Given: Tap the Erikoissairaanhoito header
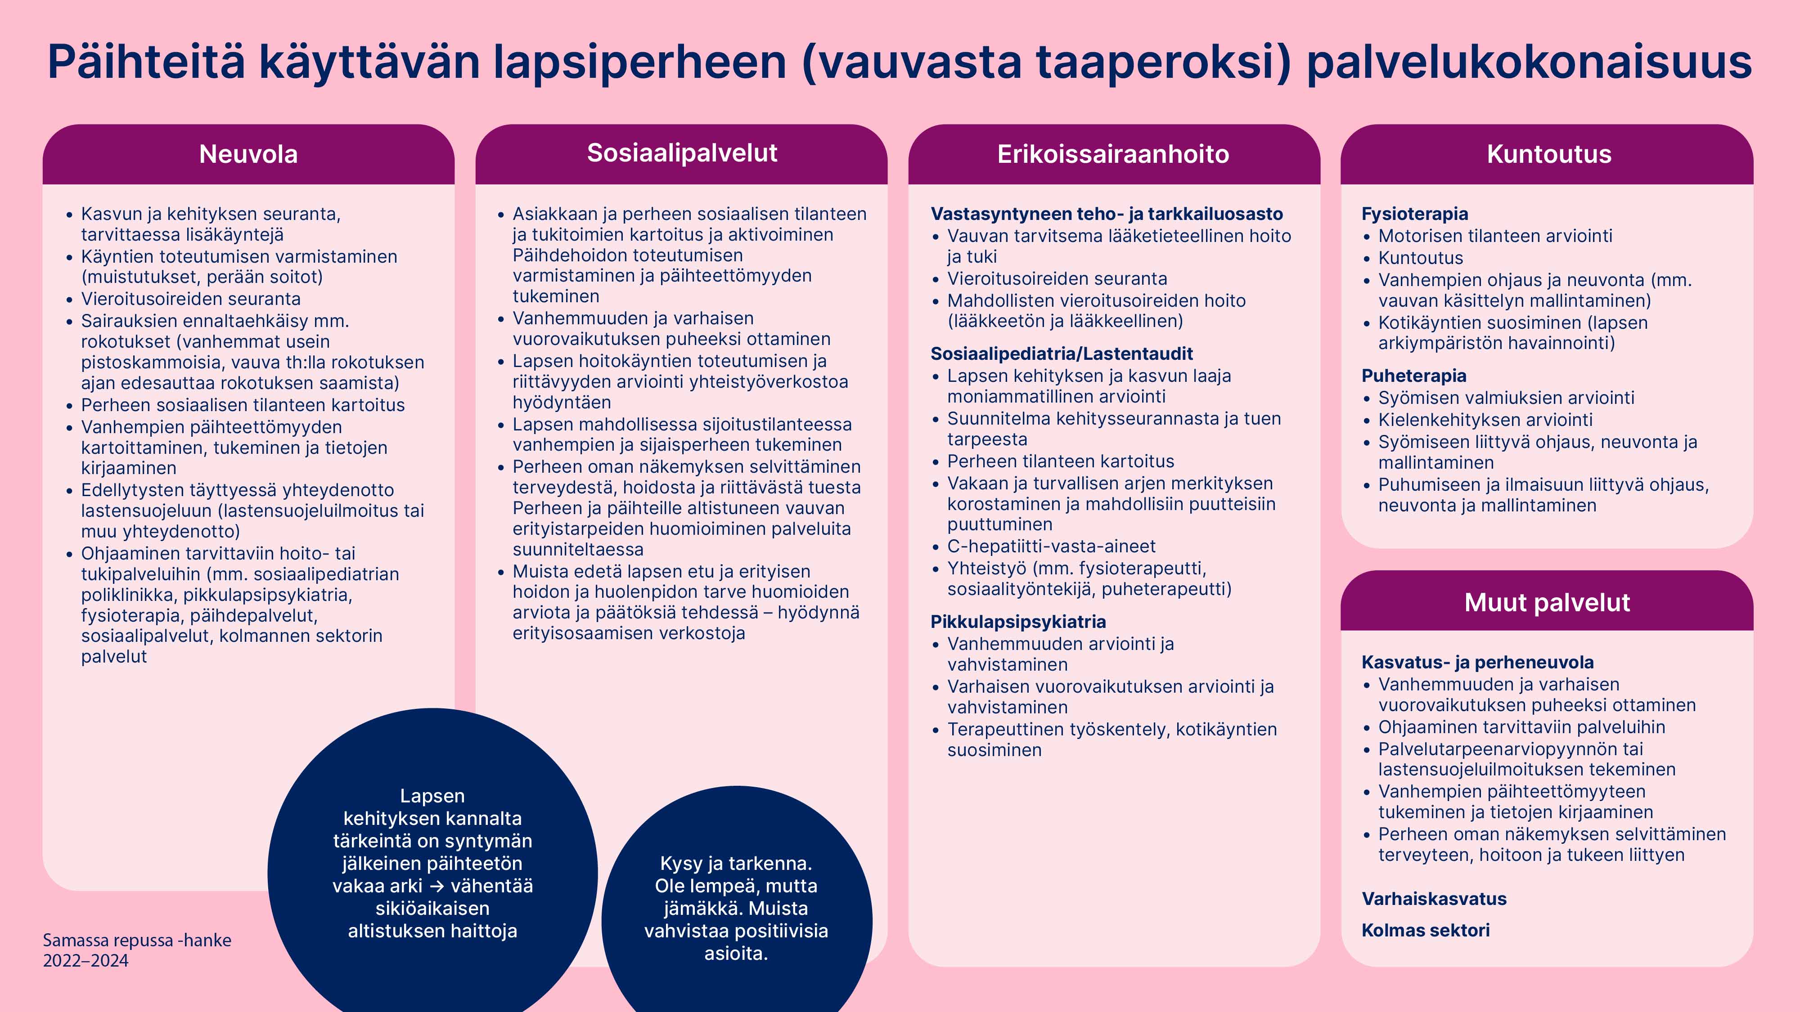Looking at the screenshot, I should point(1113,154).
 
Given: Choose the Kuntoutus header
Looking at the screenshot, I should point(1548,154).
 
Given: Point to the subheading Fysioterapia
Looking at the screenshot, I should point(1414,214).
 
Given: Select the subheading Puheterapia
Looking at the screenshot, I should point(1413,376).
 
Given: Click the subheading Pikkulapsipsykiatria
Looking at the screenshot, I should point(1018,622).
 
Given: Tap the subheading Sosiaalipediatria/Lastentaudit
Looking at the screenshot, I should point(1062,354).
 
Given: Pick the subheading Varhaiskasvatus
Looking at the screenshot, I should point(1434,899).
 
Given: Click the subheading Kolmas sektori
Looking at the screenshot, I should point(1426,930).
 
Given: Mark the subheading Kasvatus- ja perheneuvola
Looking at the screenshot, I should point(1477,662).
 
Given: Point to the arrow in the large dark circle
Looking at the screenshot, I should point(436,886).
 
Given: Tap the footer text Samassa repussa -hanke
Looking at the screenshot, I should point(137,940).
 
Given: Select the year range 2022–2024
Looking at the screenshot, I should point(86,961).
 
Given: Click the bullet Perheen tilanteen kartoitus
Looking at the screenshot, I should point(1060,461).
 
